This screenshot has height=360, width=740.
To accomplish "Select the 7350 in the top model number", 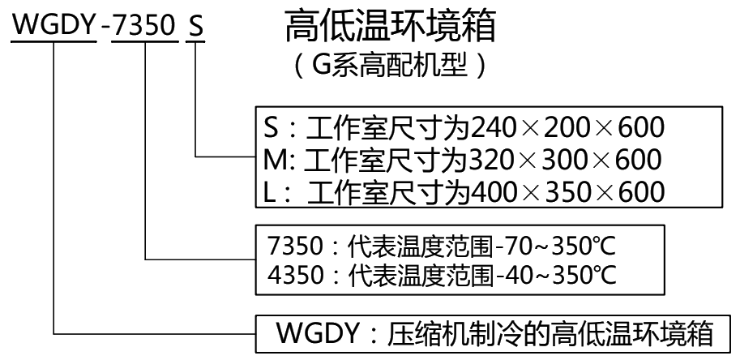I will tap(143, 26).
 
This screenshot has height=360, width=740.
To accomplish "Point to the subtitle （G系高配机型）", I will tap(390, 66).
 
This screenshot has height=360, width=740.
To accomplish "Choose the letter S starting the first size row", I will tap(272, 128).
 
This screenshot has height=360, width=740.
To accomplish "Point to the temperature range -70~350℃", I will tap(559, 244).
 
